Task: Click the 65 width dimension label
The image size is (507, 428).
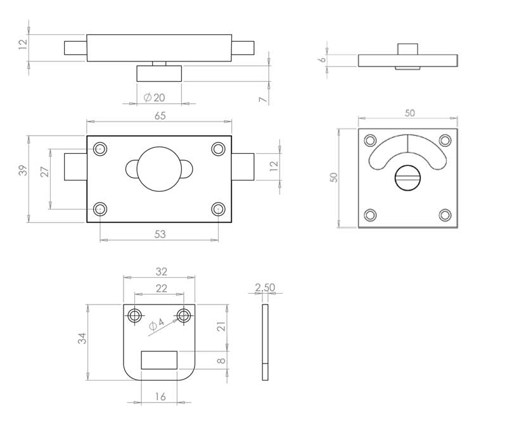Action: click(160, 116)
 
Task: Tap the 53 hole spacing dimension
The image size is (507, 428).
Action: click(160, 234)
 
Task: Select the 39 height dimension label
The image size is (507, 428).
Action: click(23, 170)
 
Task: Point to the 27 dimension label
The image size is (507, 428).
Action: click(44, 172)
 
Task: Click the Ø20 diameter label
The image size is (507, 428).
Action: click(154, 98)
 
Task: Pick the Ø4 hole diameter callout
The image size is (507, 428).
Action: click(157, 324)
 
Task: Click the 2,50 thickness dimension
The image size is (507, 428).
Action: click(265, 287)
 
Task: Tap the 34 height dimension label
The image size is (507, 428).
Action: click(82, 338)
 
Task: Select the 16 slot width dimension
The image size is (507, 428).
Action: click(160, 396)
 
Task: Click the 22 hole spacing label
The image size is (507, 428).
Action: click(162, 288)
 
